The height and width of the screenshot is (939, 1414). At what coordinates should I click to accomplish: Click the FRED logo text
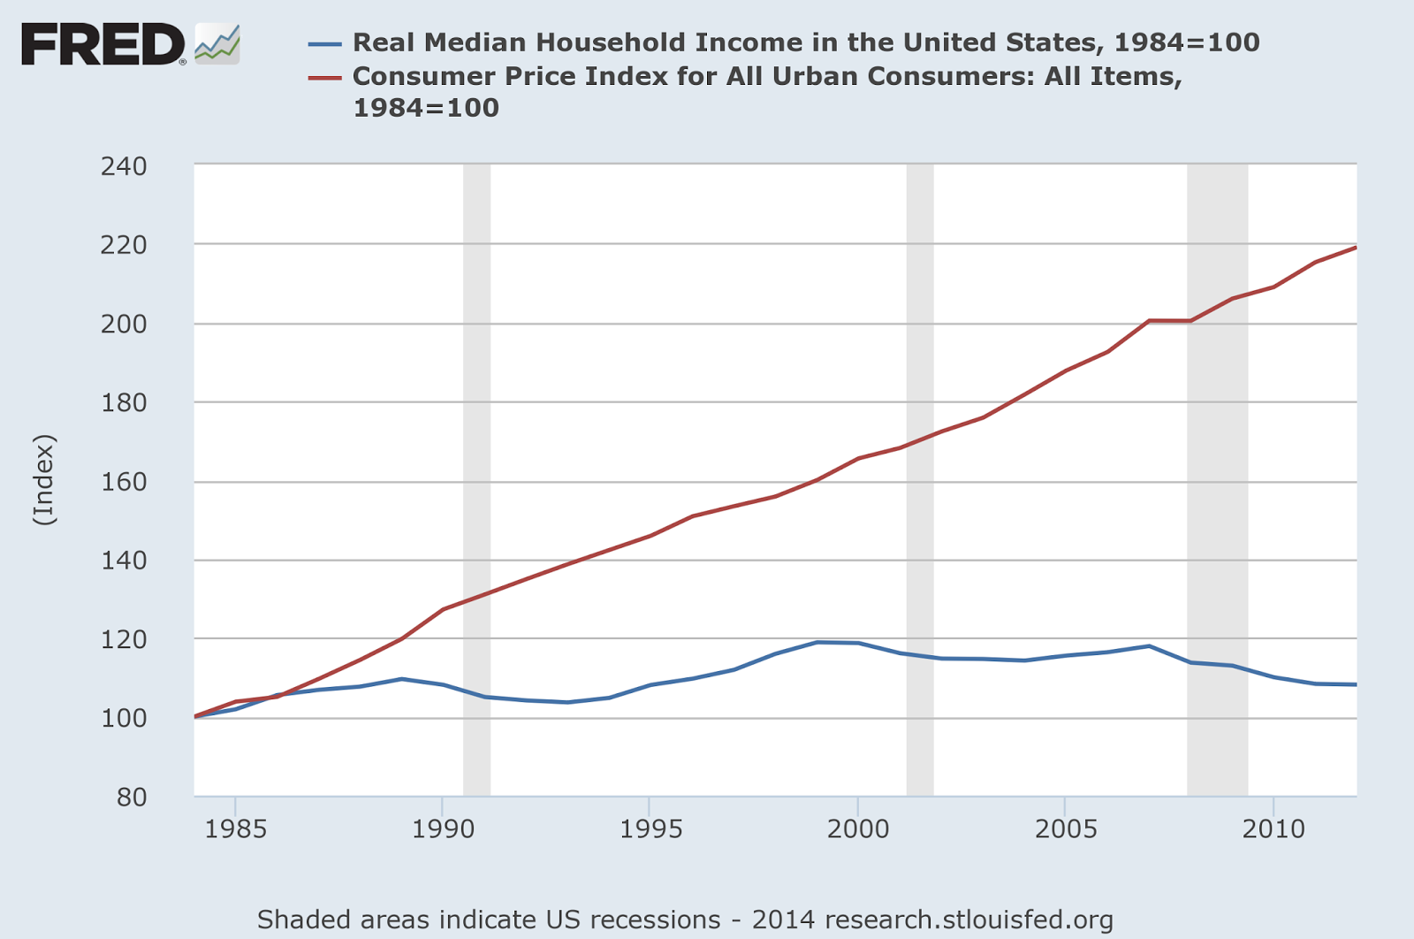pos(102,44)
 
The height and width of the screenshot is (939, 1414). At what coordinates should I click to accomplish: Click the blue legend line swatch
pos(324,43)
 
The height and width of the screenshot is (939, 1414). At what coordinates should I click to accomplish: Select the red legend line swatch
pos(324,77)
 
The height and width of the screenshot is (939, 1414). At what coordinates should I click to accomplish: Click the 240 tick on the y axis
pos(124,166)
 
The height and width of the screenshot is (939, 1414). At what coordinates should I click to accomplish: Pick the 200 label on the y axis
pos(124,324)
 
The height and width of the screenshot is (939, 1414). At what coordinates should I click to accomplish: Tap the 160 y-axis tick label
pos(124,482)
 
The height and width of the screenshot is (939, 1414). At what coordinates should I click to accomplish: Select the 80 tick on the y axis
pos(131,797)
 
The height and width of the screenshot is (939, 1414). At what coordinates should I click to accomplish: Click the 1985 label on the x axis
pos(235,828)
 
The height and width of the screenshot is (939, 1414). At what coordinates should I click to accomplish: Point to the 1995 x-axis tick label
pos(650,828)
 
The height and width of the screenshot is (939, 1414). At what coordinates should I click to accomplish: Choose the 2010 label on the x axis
pos(1273,828)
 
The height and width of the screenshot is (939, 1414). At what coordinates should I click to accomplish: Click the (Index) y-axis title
pos(44,480)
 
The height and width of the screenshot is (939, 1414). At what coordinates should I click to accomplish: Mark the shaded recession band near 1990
pos(476,477)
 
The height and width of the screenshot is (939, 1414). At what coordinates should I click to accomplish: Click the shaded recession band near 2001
pos(920,477)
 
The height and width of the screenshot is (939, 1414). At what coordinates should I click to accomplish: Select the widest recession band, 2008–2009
pos(1217,477)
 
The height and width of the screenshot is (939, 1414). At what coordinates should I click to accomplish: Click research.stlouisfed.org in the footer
pos(969,920)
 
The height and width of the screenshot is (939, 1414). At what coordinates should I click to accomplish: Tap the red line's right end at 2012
pos(1355,248)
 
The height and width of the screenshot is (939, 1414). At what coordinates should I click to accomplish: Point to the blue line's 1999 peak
pos(817,642)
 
